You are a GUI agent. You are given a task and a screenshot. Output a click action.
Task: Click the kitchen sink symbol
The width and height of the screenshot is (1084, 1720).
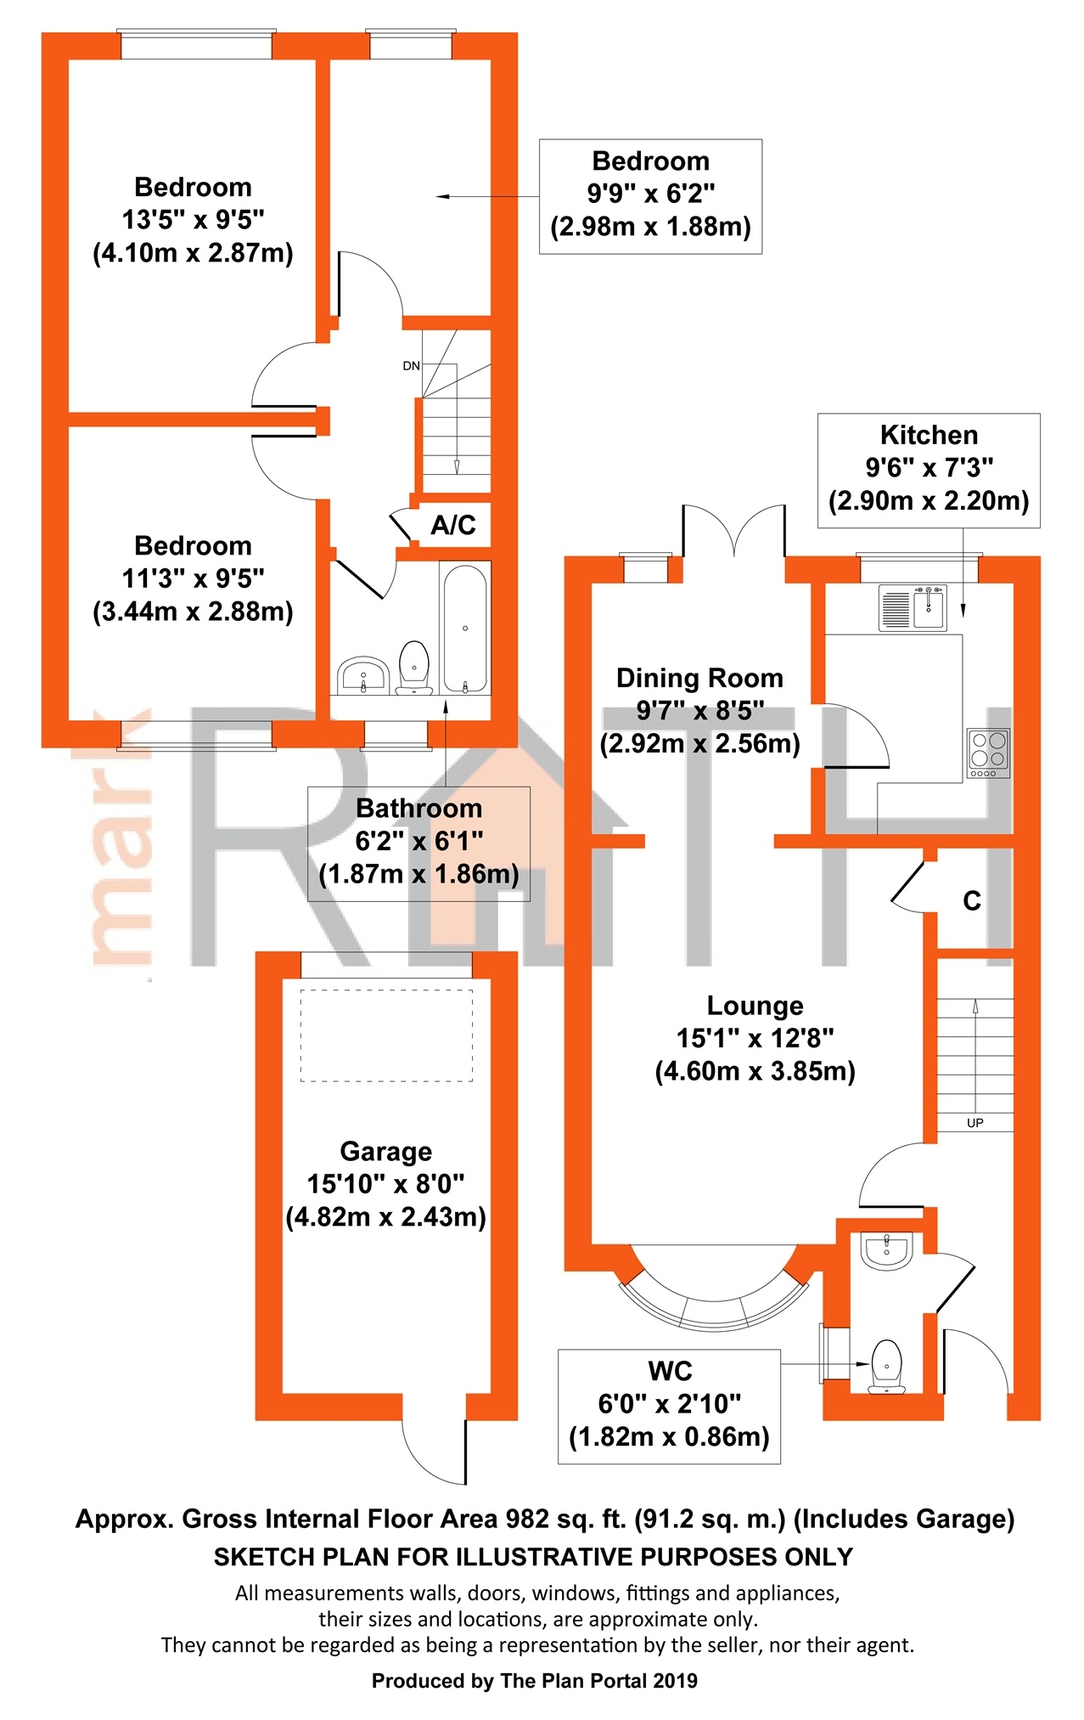[x=913, y=607]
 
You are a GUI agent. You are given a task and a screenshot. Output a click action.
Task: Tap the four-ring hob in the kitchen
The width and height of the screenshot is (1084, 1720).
[x=988, y=753]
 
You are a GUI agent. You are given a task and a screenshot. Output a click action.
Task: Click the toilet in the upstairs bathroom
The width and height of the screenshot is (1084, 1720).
[x=413, y=667]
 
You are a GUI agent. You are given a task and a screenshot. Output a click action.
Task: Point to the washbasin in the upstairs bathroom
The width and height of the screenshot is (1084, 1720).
[x=363, y=676]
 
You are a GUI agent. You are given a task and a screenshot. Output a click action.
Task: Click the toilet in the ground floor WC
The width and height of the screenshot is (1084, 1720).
[x=887, y=1367]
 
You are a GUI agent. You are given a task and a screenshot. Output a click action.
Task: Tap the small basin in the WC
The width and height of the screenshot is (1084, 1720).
[x=887, y=1250]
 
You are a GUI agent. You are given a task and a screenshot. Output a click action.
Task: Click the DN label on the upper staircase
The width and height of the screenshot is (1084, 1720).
[x=411, y=366]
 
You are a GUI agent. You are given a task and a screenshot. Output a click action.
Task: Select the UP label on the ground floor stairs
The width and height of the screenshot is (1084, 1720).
[x=974, y=1123]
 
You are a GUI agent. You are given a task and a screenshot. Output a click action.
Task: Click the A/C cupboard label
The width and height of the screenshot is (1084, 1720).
[x=452, y=526]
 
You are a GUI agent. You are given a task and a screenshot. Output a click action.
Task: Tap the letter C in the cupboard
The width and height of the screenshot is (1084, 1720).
[x=972, y=901]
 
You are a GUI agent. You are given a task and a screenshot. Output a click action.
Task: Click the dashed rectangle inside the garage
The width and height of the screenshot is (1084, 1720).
[x=386, y=1035]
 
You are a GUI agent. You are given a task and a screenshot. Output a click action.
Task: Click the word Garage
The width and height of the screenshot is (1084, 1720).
[x=385, y=1152]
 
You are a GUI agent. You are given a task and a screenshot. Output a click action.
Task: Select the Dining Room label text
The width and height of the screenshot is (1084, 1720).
[x=699, y=679]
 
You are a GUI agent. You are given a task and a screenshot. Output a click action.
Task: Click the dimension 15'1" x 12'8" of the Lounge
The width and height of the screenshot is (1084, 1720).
[x=755, y=1039]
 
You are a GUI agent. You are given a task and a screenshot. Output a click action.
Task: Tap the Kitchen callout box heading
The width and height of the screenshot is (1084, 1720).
[x=929, y=436]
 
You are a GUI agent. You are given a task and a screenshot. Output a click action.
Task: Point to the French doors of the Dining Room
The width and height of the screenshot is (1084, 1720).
[x=733, y=531]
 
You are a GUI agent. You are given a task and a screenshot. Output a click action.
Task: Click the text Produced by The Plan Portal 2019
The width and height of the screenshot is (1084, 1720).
[x=535, y=1681]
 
